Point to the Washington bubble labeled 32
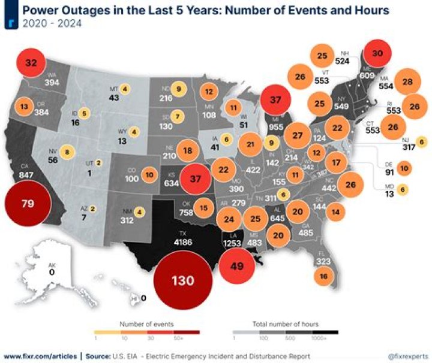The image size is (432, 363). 31,62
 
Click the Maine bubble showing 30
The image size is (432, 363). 377,53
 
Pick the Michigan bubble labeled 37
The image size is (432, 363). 275,100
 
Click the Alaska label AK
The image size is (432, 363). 52,264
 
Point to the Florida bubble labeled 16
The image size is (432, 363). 324,276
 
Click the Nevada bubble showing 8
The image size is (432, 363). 67,152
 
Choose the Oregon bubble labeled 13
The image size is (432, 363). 25,107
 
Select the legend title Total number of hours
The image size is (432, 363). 285,323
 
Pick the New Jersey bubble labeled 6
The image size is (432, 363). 421,142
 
